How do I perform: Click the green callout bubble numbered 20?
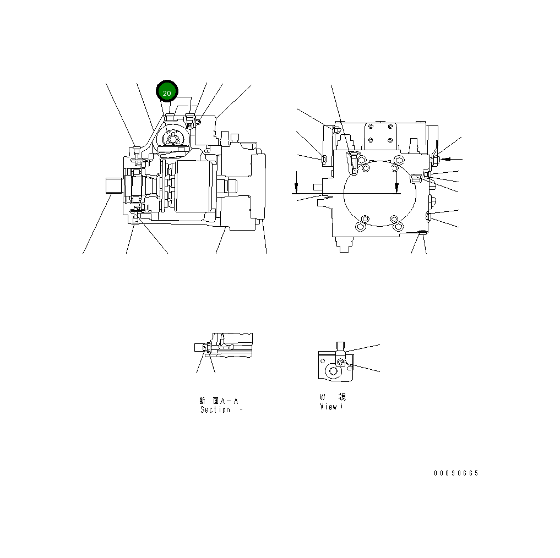(167, 92)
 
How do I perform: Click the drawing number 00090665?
(456, 473)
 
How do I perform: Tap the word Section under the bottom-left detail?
(215, 410)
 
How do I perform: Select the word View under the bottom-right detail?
(329, 407)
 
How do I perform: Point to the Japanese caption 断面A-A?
(219, 401)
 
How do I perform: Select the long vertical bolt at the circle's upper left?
(353, 163)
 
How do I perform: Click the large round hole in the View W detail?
(333, 371)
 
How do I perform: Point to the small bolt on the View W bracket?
(341, 361)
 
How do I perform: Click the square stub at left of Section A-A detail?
(200, 348)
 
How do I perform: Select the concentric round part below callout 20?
(173, 138)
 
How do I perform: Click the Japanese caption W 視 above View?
(333, 397)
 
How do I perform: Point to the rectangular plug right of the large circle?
(416, 177)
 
